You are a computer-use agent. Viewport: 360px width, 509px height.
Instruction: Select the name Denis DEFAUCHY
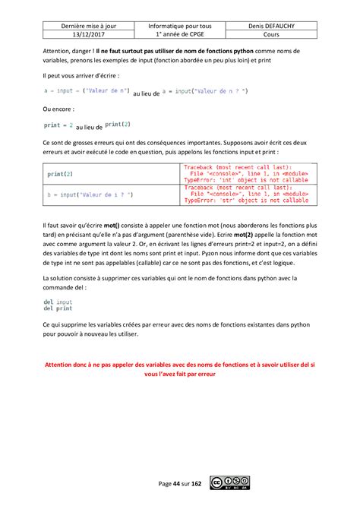[294, 25]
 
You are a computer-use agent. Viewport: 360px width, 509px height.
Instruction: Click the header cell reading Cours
[294, 35]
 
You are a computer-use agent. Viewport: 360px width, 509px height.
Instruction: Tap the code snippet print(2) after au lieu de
[118, 123]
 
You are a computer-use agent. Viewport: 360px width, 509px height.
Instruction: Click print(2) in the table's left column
[61, 174]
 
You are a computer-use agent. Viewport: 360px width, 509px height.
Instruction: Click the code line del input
[58, 302]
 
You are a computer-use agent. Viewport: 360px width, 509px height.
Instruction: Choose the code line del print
[58, 308]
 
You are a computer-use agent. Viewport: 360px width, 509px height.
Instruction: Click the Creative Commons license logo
[231, 482]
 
